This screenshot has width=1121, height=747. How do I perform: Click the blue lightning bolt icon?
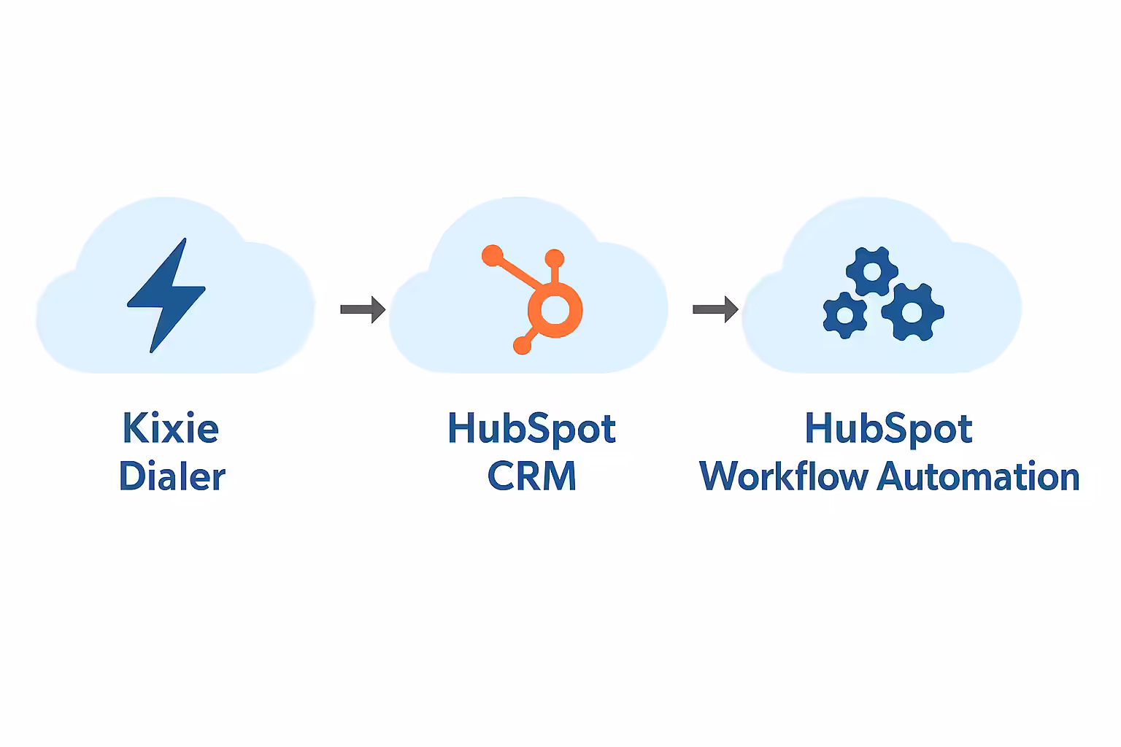coord(167,295)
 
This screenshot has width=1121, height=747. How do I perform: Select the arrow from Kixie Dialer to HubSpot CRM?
coord(363,309)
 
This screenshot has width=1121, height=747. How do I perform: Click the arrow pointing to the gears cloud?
coord(715,309)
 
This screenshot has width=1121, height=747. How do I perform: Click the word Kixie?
coord(171,428)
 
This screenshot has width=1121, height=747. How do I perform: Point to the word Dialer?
coord(172,476)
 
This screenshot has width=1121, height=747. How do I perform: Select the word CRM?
coord(531,476)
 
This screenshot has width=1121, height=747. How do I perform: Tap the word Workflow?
coord(784,476)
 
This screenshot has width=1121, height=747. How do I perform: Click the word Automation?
coord(978,476)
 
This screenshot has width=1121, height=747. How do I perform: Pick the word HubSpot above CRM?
coord(531,428)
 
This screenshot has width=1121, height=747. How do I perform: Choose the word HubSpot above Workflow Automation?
coord(888,428)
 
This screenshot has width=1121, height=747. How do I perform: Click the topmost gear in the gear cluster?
coord(872,271)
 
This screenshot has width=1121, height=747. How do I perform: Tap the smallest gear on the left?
coord(844,315)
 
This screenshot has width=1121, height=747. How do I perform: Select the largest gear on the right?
coord(912,312)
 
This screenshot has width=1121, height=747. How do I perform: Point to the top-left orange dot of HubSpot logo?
coord(493,255)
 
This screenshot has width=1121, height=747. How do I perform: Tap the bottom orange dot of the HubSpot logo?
coord(522,346)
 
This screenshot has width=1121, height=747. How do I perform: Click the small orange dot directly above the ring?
coord(555,258)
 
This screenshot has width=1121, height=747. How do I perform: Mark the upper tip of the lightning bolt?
coord(184,241)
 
